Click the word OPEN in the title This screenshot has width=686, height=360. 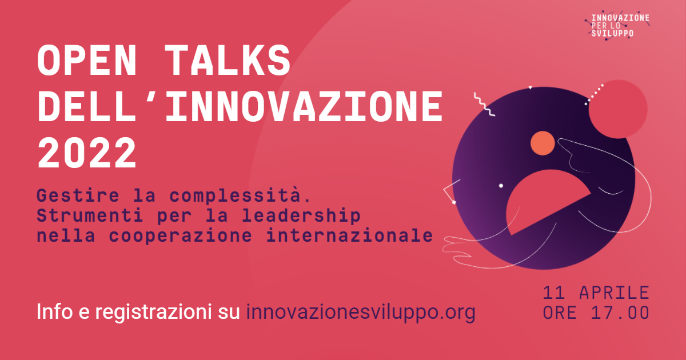[87, 60]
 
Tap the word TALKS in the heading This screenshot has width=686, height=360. [229, 60]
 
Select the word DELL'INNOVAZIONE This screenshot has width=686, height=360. [240, 107]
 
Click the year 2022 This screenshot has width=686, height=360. [87, 153]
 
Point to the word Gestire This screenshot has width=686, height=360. [78, 195]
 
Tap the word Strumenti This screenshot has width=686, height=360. [90, 215]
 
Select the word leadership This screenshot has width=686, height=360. [301, 216]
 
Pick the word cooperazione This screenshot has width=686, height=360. [181, 236]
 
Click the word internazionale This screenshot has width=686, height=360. [349, 235]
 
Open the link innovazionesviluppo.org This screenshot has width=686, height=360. [361, 312]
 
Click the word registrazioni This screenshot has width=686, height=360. [153, 312]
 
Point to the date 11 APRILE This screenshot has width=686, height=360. [596, 293]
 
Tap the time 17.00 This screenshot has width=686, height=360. [620, 313]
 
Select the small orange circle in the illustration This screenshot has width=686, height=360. [543, 143]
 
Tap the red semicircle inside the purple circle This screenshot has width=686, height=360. [545, 199]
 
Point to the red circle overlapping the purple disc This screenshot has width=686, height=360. [618, 109]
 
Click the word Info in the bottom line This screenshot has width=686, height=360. [55, 311]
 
